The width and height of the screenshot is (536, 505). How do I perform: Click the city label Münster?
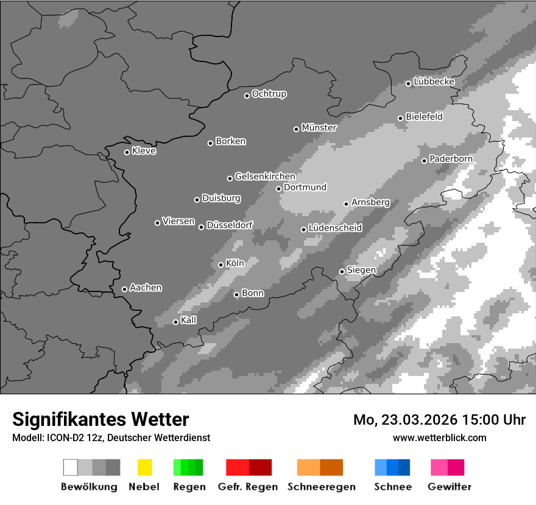pyautogui.click(x=319, y=128)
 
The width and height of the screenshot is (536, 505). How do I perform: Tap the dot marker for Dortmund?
pyautogui.click(x=278, y=189)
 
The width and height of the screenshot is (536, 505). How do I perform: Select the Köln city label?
pyautogui.click(x=234, y=263)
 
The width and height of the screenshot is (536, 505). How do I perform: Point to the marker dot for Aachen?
pyautogui.click(x=124, y=289)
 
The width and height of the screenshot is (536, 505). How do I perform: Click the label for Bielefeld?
pyautogui.click(x=424, y=117)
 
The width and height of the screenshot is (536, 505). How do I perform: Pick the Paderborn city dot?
pyautogui.click(x=425, y=161)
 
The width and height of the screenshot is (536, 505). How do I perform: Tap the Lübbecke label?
pyautogui.click(x=434, y=82)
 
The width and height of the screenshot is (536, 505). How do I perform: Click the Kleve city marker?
pyautogui.click(x=127, y=152)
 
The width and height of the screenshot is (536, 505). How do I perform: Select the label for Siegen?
pyautogui.click(x=361, y=270)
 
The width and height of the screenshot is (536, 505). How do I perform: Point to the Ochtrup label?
pyautogui.click(x=269, y=94)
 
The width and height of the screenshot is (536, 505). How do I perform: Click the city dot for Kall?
pyautogui.click(x=175, y=322)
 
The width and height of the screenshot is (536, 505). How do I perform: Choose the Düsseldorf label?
pyautogui.click(x=229, y=225)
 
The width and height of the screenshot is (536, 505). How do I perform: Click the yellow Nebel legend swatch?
pyautogui.click(x=144, y=467)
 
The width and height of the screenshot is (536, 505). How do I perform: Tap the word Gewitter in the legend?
pyautogui.click(x=449, y=487)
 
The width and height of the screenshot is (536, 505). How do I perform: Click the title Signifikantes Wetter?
pyautogui.click(x=100, y=419)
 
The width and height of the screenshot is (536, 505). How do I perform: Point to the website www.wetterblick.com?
pyautogui.click(x=439, y=437)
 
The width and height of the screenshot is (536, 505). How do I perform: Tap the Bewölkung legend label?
pyautogui.click(x=89, y=487)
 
